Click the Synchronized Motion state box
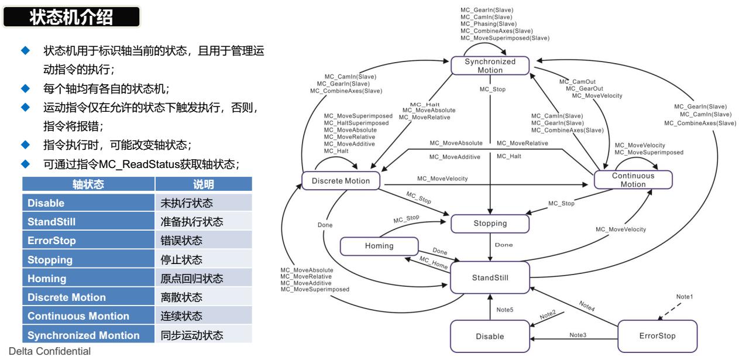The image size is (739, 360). pyautogui.click(x=490, y=66)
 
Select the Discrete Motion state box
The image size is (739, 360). pyautogui.click(x=341, y=181)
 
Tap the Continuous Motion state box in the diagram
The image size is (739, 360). pyautogui.click(x=633, y=180)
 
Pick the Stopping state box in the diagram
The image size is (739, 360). pyautogui.click(x=490, y=223)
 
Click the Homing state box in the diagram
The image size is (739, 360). pyautogui.click(x=379, y=246)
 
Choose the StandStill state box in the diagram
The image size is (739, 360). pyautogui.click(x=490, y=277)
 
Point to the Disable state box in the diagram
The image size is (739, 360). pyautogui.click(x=489, y=336)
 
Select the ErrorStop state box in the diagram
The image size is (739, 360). pyautogui.click(x=658, y=336)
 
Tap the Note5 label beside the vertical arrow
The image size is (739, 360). pyautogui.click(x=505, y=309)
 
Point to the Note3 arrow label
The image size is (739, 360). pyautogui.click(x=578, y=335)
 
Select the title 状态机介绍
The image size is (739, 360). pyautogui.click(x=71, y=18)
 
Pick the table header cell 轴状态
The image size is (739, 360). pyautogui.click(x=88, y=184)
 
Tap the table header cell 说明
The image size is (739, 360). pyautogui.click(x=203, y=184)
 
